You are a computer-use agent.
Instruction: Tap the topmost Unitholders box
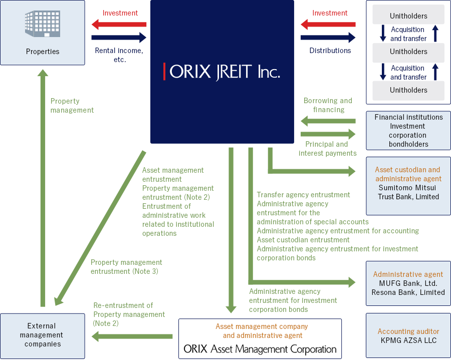(408, 16)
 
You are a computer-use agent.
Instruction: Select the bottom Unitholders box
(408, 90)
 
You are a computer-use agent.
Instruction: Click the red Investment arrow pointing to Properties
(119, 24)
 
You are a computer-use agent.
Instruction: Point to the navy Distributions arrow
(328, 38)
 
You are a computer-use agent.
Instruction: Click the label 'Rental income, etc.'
(119, 55)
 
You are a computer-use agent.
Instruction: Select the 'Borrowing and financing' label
(328, 105)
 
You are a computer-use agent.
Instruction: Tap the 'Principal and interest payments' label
(328, 149)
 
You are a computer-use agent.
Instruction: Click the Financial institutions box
(408, 131)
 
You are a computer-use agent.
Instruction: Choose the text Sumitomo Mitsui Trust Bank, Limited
(408, 192)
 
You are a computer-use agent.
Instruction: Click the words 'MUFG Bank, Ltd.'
(408, 283)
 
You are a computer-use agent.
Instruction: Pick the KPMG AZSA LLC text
(408, 340)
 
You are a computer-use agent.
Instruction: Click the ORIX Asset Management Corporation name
(260, 349)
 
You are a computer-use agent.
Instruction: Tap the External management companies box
(43, 335)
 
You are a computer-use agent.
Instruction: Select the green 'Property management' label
(72, 106)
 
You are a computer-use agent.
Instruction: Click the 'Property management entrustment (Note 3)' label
(126, 267)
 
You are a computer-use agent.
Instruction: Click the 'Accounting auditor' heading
(408, 331)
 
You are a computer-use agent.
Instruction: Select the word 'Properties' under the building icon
(43, 52)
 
